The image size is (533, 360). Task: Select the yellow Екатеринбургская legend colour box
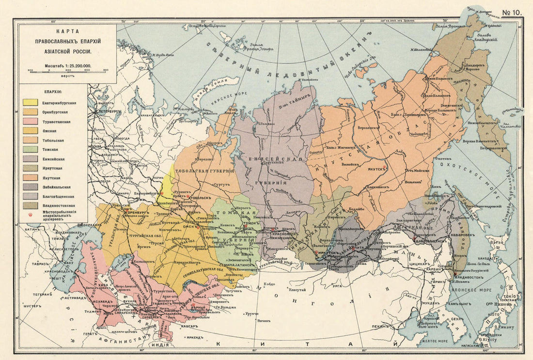31,103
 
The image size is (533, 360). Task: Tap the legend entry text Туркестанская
56,122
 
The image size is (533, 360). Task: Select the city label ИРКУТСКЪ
328,253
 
